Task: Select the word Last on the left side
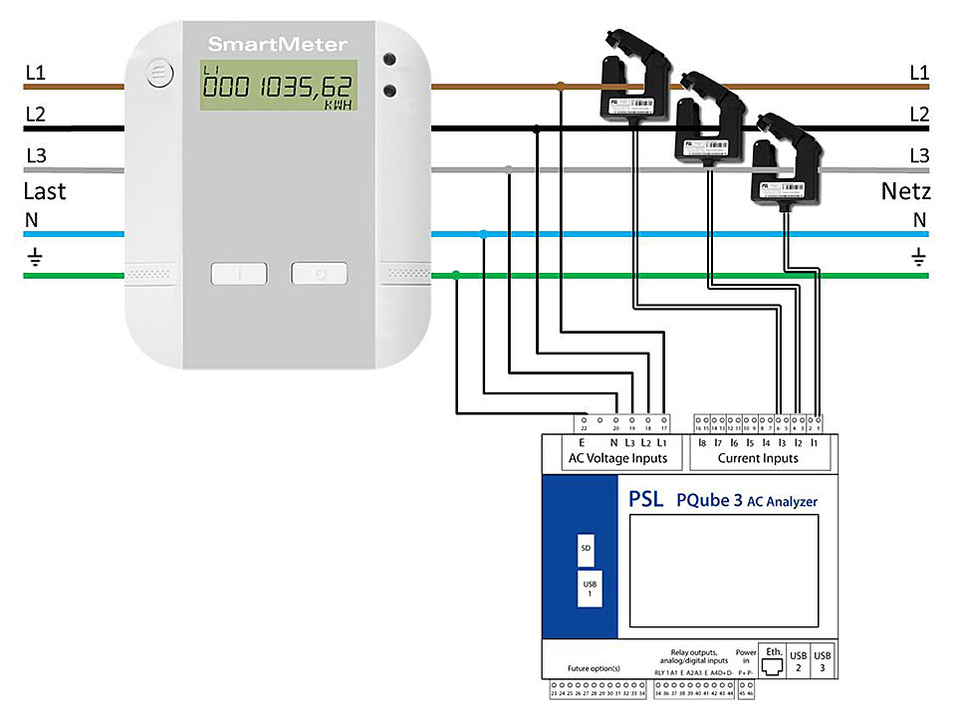(44, 191)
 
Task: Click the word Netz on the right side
(905, 191)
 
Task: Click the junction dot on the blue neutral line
(484, 235)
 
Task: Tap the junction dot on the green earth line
(456, 274)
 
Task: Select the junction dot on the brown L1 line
(561, 88)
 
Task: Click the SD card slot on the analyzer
(586, 549)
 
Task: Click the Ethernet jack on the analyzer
(773, 661)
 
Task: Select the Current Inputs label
(758, 458)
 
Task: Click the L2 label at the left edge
(35, 115)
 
